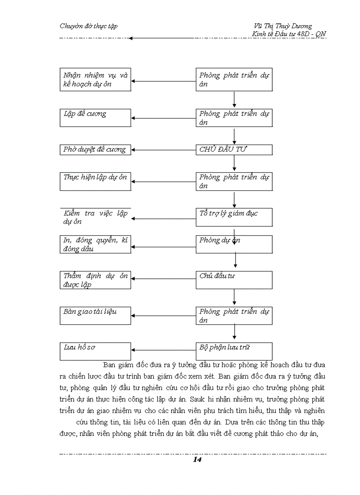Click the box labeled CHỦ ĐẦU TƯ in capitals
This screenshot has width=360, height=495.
click(x=234, y=150)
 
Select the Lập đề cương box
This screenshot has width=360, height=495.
click(x=95, y=118)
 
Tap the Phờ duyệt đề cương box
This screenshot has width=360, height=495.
click(x=95, y=150)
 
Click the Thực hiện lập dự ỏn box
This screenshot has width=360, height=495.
click(x=95, y=181)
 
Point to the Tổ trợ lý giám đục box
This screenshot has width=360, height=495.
click(x=234, y=217)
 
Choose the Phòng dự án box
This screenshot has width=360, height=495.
click(x=234, y=244)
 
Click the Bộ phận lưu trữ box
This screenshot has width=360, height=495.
click(x=234, y=351)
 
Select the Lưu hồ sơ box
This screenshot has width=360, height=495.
click(x=95, y=351)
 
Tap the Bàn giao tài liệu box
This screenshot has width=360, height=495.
click(x=95, y=316)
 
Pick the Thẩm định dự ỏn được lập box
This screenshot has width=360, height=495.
click(x=95, y=280)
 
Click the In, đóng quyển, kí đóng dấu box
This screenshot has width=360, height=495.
click(x=95, y=244)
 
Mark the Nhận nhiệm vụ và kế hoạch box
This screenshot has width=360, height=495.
click(x=95, y=79)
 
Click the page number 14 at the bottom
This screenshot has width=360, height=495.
click(x=197, y=460)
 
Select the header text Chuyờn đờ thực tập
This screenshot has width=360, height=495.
click(x=88, y=26)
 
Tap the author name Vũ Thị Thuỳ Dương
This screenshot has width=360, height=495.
click(x=280, y=26)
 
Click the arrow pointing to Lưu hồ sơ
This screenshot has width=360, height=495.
click(x=163, y=351)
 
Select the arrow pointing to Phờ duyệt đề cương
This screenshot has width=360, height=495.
click(x=163, y=150)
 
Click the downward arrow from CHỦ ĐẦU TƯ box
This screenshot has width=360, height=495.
click(x=234, y=163)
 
